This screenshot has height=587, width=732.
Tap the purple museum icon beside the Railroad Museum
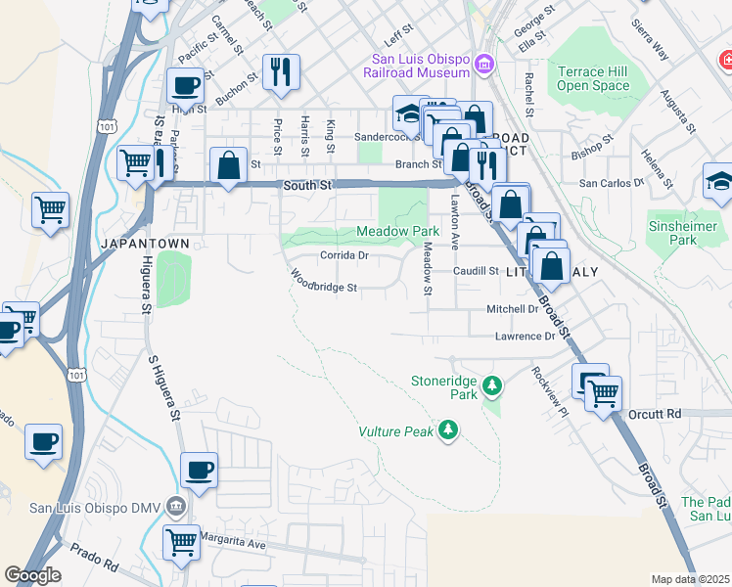[483, 66]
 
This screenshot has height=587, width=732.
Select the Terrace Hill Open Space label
[594, 78]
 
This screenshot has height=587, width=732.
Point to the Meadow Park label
[397, 231]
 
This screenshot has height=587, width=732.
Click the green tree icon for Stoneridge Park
[492, 382]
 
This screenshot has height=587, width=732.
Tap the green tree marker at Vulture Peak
[448, 430]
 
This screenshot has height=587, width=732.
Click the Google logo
[32, 575]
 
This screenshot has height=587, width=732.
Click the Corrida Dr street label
[343, 255]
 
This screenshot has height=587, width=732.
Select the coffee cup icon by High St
[185, 86]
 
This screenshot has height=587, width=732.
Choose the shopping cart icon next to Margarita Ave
[181, 541]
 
